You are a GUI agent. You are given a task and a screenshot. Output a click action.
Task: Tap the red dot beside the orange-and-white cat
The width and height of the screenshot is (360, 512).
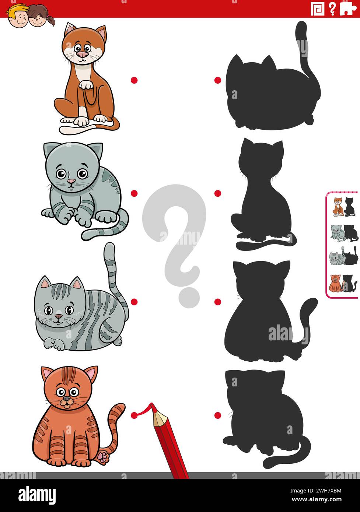click(134, 80)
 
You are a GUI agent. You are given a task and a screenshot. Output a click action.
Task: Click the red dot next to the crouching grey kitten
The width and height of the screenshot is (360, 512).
click(134, 193)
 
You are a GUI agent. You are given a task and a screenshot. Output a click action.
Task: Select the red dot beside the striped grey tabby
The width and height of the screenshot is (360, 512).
click(134, 302)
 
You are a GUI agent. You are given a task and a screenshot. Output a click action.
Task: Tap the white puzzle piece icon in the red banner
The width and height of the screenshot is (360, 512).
click(348, 8)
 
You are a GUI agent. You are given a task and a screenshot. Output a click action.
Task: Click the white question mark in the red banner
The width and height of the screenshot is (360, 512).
click(332, 8)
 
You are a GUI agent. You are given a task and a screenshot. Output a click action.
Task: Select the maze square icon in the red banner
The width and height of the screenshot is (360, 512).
click(317, 8)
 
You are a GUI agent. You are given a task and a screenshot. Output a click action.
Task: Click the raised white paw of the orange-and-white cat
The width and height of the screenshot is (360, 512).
click(87, 85)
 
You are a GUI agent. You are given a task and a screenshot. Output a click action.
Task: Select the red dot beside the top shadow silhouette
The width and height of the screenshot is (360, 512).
click(218, 80)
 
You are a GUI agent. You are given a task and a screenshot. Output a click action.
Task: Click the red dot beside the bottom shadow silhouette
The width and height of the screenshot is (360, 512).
click(218, 415)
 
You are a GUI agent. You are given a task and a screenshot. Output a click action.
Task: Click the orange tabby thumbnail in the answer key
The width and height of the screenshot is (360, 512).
click(335, 283)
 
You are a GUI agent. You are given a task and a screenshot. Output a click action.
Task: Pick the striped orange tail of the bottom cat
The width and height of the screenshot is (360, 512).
click(115, 424)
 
